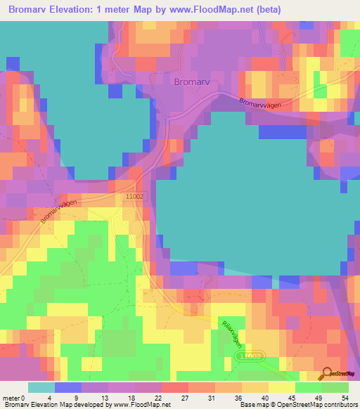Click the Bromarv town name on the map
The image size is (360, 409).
[191, 82]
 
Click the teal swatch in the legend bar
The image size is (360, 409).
[41, 387]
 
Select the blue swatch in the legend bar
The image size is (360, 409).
[67, 387]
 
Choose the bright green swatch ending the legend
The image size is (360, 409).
[335, 387]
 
